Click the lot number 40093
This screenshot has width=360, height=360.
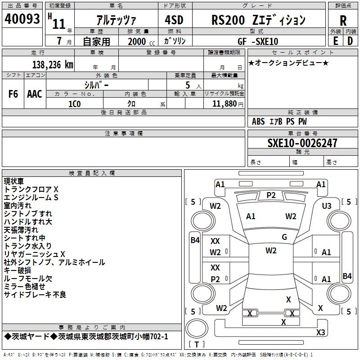click(22, 19)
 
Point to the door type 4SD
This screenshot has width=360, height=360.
click(175, 20)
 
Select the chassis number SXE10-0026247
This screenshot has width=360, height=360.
click(302, 144)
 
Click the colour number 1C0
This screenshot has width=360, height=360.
click(75, 104)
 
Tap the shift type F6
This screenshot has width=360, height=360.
click(13, 94)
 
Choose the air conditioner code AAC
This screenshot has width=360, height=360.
click(35, 94)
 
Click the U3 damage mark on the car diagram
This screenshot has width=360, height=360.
click(327, 206)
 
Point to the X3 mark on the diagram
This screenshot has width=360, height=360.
click(320, 333)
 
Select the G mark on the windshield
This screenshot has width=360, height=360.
click(284, 237)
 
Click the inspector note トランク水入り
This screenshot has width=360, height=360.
click(28, 246)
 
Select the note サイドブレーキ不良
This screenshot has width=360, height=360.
click(35, 295)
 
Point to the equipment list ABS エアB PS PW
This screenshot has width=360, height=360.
click(279, 121)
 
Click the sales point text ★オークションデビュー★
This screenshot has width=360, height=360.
click(288, 63)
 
